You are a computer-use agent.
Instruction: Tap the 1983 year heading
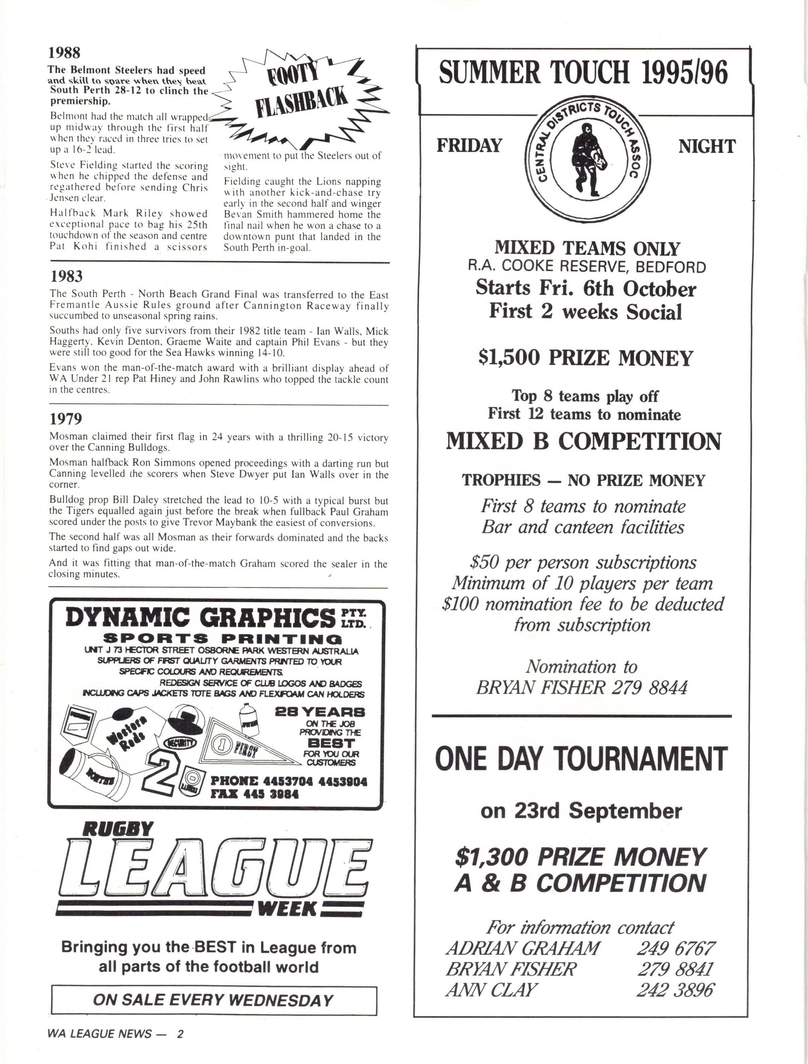click(x=66, y=276)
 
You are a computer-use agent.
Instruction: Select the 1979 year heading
click(x=66, y=419)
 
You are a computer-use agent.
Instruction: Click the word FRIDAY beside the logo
click(x=469, y=146)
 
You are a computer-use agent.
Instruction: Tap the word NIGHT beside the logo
click(x=707, y=146)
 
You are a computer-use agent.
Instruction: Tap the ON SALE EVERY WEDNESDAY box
click(x=214, y=1000)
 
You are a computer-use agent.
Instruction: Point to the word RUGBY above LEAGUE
click(x=118, y=829)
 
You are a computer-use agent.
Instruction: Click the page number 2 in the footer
click(x=179, y=1034)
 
